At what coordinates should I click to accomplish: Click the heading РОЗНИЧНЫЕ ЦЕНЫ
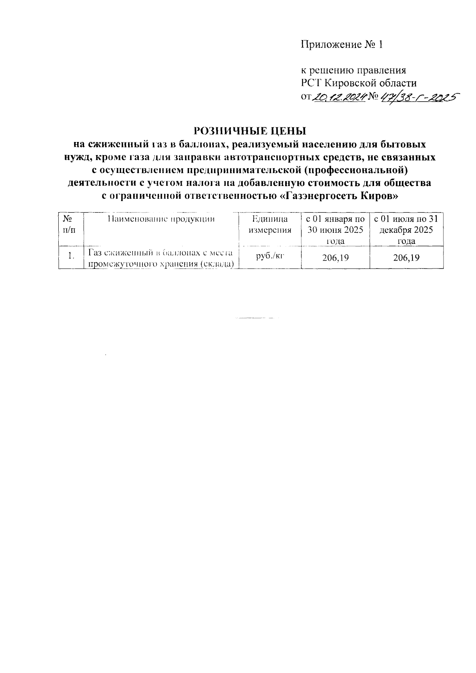tap(250, 130)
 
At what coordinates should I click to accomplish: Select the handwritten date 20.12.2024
tap(339, 96)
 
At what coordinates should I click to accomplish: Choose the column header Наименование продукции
tap(161, 219)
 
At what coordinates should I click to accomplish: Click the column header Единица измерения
tap(270, 224)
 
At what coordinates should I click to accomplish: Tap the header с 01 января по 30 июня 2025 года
tap(335, 230)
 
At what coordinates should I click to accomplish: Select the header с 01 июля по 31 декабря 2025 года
tap(406, 230)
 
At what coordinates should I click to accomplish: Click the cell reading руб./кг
tap(270, 256)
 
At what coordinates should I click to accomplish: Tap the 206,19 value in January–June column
tap(335, 258)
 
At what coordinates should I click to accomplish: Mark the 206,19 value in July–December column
tap(406, 258)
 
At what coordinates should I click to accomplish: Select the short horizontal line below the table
tap(256, 318)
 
